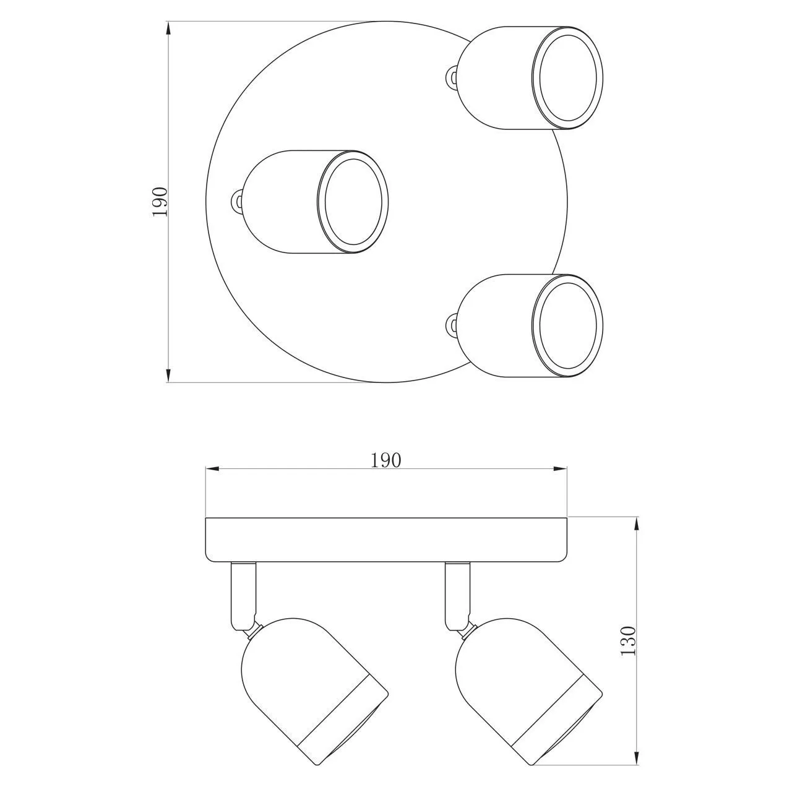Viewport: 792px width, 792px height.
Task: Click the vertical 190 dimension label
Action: coord(160,201)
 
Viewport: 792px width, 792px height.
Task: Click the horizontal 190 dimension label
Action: coord(385,460)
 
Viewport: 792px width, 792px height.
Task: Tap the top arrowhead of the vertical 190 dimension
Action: coord(168,28)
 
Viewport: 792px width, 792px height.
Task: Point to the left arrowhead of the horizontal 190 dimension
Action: coord(212,469)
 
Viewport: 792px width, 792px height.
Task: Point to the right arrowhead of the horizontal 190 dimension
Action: coord(560,469)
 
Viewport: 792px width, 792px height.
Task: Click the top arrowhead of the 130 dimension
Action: coord(637,524)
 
